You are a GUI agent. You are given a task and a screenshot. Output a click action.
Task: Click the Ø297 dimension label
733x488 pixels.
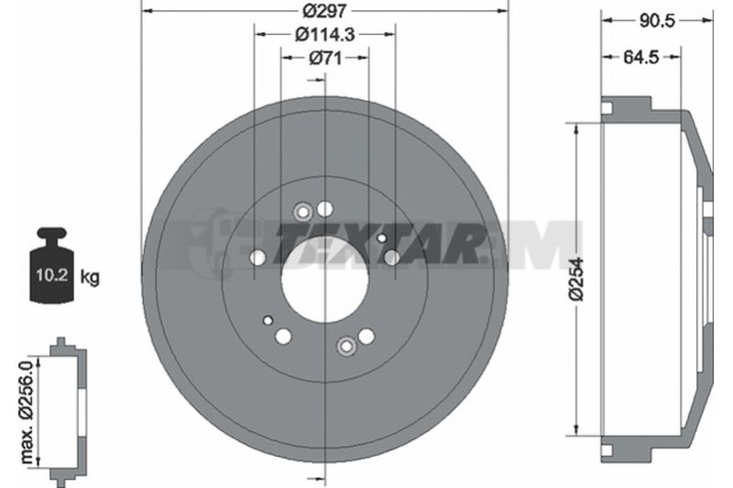tap(325, 10)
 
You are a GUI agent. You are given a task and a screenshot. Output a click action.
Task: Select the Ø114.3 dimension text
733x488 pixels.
tap(325, 34)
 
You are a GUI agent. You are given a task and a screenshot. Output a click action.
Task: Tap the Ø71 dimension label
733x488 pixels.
tap(325, 58)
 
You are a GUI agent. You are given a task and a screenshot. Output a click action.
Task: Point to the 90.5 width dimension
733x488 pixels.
tap(657, 20)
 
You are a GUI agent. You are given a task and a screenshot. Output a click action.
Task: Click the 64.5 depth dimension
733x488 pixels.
tap(640, 57)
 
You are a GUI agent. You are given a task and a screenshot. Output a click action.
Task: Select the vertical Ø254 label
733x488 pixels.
tap(576, 278)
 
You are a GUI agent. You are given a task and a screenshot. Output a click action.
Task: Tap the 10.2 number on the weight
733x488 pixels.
tap(52, 274)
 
